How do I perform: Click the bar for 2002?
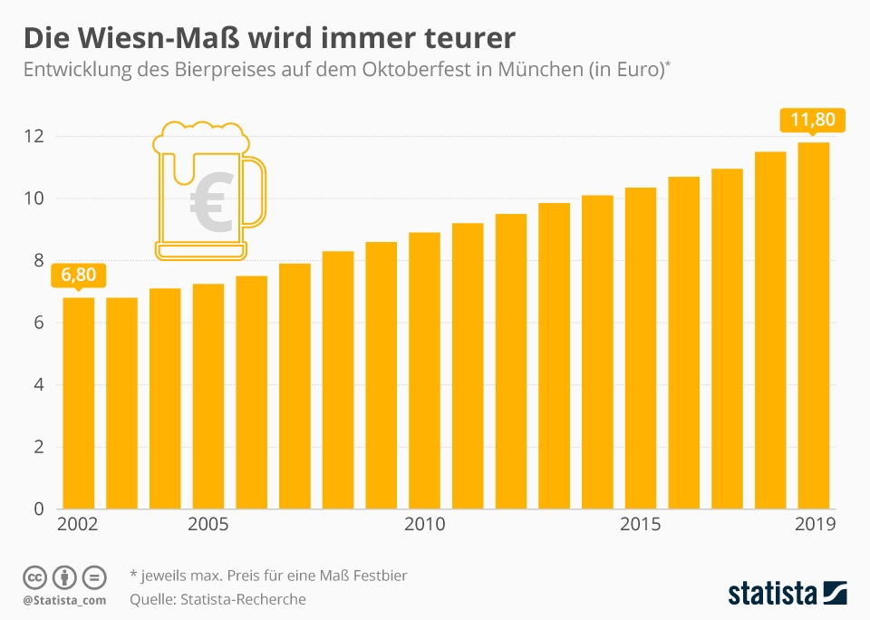(x=78, y=403)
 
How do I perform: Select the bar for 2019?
(x=813, y=326)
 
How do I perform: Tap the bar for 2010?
(x=424, y=372)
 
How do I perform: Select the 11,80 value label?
(x=813, y=120)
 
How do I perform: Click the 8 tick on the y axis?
(x=39, y=261)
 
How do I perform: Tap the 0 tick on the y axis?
(x=39, y=509)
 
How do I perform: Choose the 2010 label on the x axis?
(x=424, y=525)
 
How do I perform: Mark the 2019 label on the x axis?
(x=813, y=525)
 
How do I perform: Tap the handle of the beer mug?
(x=256, y=190)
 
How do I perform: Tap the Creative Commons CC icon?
(x=35, y=577)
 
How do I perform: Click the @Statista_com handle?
(x=64, y=600)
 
